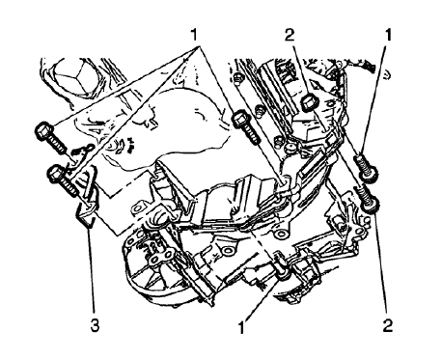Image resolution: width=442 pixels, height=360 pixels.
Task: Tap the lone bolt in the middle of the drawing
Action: coord(243,121)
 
